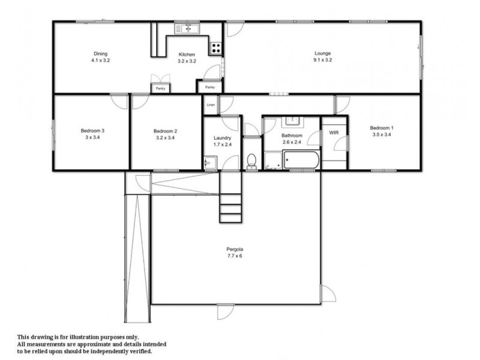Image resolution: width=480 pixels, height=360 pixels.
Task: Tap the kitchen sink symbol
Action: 187,28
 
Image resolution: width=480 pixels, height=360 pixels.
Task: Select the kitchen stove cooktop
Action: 215,48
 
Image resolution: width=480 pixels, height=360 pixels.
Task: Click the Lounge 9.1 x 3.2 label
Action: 323,57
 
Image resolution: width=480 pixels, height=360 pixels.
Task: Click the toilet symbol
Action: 252,161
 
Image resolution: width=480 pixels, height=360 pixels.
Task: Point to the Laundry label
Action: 222,142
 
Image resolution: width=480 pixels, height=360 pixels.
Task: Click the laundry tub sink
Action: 209,163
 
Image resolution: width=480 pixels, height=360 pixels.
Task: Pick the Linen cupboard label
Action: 210,106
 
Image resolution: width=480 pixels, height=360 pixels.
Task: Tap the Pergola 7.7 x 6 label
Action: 234,252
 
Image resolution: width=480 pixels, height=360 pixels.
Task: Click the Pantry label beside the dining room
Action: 160,88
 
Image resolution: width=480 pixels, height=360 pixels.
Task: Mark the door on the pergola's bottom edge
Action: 223,310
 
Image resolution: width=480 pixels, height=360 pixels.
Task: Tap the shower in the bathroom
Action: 272,160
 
